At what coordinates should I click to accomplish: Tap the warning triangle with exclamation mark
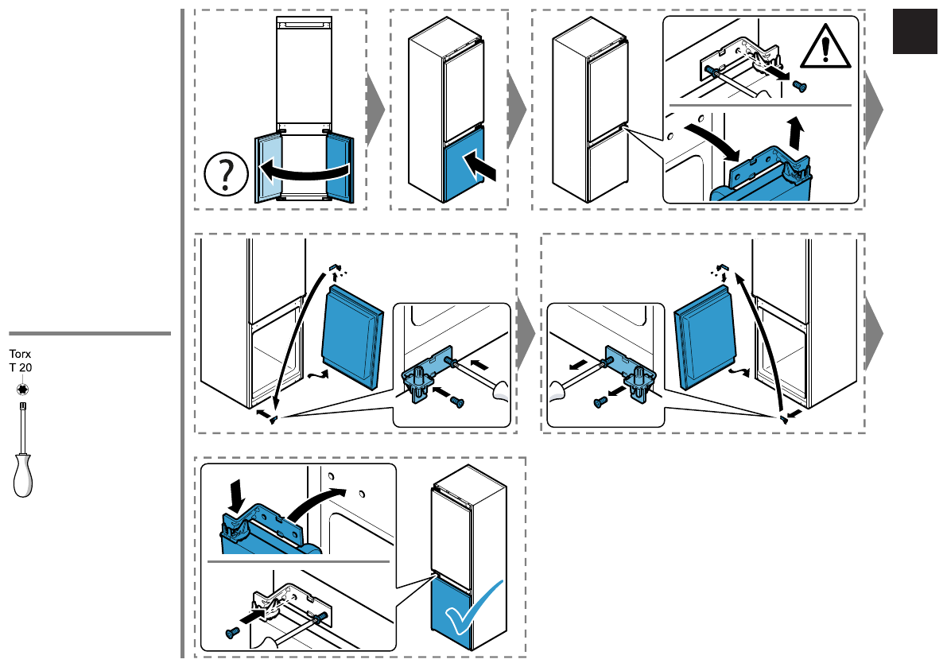823,48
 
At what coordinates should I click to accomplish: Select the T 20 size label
20,367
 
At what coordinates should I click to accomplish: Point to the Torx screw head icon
22,389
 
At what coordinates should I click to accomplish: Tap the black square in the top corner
915,32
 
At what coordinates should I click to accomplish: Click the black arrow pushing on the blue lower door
482,167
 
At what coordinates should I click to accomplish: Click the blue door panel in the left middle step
352,334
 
